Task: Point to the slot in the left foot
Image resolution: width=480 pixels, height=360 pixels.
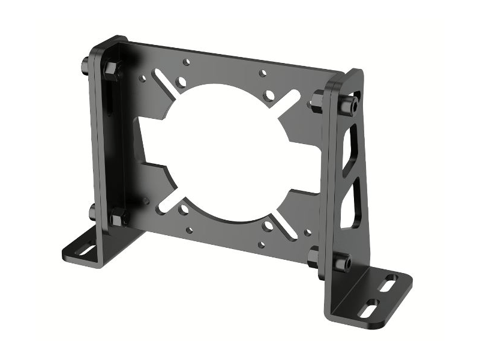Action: (88, 248)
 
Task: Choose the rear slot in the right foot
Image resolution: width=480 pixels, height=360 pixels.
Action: (391, 280)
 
